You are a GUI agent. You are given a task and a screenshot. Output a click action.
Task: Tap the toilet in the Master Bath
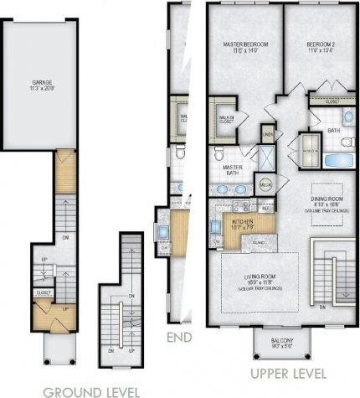(x=219, y=155)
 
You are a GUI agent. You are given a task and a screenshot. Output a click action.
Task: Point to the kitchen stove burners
(x=240, y=205)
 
